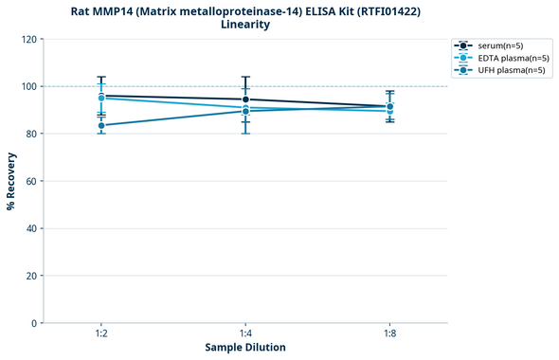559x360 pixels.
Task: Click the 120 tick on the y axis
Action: pyautogui.click(x=28, y=39)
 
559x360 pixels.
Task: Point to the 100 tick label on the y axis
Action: pyautogui.click(x=28, y=86)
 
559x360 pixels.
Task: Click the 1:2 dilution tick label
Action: pyautogui.click(x=101, y=334)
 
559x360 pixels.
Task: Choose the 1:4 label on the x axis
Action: pyautogui.click(x=245, y=334)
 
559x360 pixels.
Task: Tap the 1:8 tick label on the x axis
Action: pyautogui.click(x=390, y=334)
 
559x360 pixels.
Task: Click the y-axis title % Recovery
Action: pyautogui.click(x=11, y=181)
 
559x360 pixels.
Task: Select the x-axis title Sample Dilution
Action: pyautogui.click(x=245, y=348)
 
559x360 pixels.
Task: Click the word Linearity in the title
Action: pyautogui.click(x=244, y=25)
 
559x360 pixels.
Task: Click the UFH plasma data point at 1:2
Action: pyautogui.click(x=101, y=125)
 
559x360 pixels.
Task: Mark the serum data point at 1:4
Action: pyautogui.click(x=245, y=99)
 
